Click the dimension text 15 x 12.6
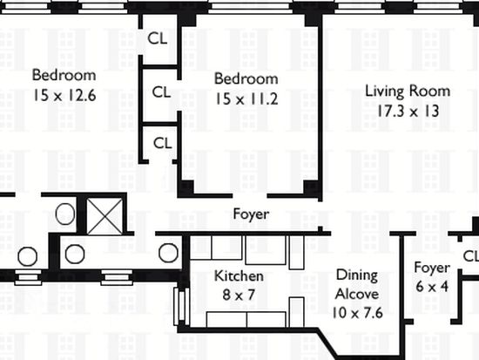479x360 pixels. (64, 95)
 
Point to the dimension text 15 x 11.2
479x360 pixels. (246, 98)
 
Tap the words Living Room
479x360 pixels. (408, 92)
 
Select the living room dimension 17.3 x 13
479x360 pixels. (408, 111)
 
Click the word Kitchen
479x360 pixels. (239, 276)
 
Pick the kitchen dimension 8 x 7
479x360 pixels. (239, 295)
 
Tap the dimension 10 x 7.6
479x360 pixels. (357, 313)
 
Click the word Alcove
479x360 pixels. (357, 294)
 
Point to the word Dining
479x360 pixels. (357, 275)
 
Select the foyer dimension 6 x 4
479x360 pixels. (432, 287)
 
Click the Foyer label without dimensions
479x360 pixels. (251, 214)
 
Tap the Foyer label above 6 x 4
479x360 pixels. (432, 268)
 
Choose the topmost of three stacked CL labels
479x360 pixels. (158, 38)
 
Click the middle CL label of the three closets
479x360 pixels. (161, 92)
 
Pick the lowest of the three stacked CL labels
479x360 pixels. (163, 143)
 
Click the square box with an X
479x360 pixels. (105, 216)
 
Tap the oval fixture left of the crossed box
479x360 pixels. (65, 214)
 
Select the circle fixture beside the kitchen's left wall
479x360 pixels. (168, 253)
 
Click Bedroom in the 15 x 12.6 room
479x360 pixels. (64, 75)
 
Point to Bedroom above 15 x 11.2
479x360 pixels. (246, 78)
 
